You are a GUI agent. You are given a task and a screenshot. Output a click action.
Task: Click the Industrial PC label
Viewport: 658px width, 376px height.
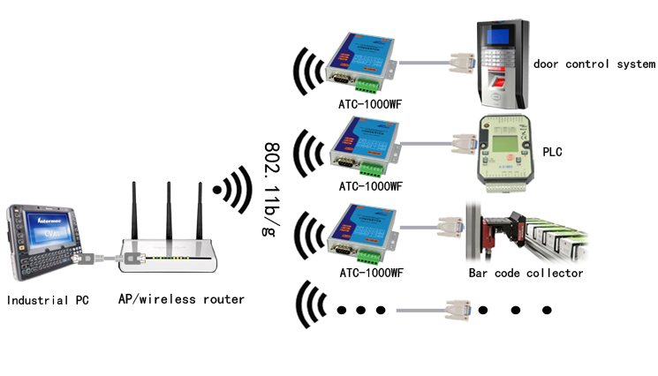coord(49,300)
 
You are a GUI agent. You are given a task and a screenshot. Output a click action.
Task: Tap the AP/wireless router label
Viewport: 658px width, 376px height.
coord(181,299)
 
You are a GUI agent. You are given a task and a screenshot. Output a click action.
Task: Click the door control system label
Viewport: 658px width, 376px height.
coord(594,64)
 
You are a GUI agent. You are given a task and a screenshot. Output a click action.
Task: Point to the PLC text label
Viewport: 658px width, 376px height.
coord(553,152)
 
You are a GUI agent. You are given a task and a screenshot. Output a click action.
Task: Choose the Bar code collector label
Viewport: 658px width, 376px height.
coord(526,274)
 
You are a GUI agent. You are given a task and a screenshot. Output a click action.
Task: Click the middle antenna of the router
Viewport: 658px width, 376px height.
coord(166,212)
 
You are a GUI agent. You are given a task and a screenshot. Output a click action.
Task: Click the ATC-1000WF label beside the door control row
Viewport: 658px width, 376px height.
coord(370,103)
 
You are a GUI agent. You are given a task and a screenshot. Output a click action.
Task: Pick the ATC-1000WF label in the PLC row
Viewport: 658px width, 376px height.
coord(370,186)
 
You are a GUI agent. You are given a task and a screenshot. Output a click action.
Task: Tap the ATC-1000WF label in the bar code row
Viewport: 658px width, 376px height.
coord(370,273)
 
